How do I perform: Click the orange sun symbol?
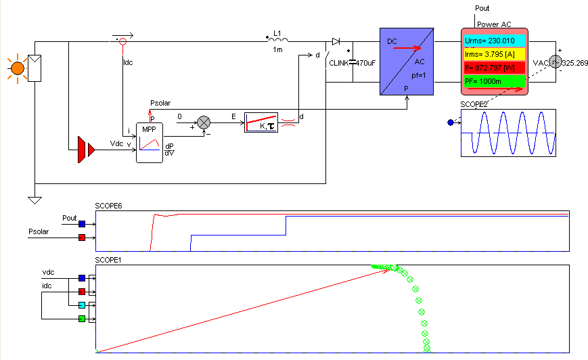coord(17,68)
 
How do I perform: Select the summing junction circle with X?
coord(204,122)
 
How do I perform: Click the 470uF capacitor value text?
coord(366,63)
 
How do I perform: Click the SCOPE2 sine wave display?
coord(507,133)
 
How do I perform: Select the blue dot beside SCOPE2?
coord(451,122)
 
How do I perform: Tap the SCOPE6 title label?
coord(109,205)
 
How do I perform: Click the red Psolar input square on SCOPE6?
coord(82,238)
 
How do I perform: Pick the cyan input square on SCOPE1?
coord(82,305)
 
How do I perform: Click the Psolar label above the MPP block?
coord(160,103)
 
